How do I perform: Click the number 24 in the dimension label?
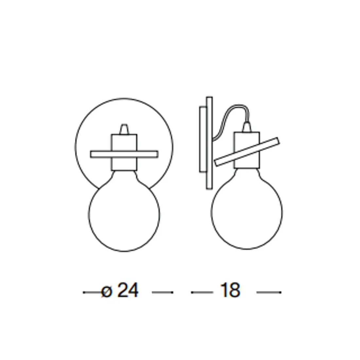128,290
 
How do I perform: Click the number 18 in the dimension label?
230,290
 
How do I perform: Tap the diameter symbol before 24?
107,292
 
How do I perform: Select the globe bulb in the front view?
124,212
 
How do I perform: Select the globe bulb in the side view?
247,210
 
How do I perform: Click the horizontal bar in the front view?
124,154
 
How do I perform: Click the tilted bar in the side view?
247,152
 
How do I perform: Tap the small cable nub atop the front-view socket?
124,129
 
